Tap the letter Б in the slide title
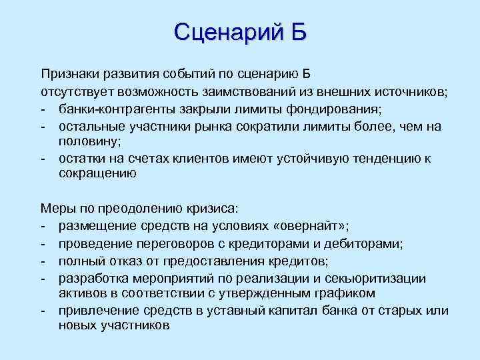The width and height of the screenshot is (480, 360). [x=297, y=31]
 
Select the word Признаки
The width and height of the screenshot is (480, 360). [x=69, y=73]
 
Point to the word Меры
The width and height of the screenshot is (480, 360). [x=56, y=209]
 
